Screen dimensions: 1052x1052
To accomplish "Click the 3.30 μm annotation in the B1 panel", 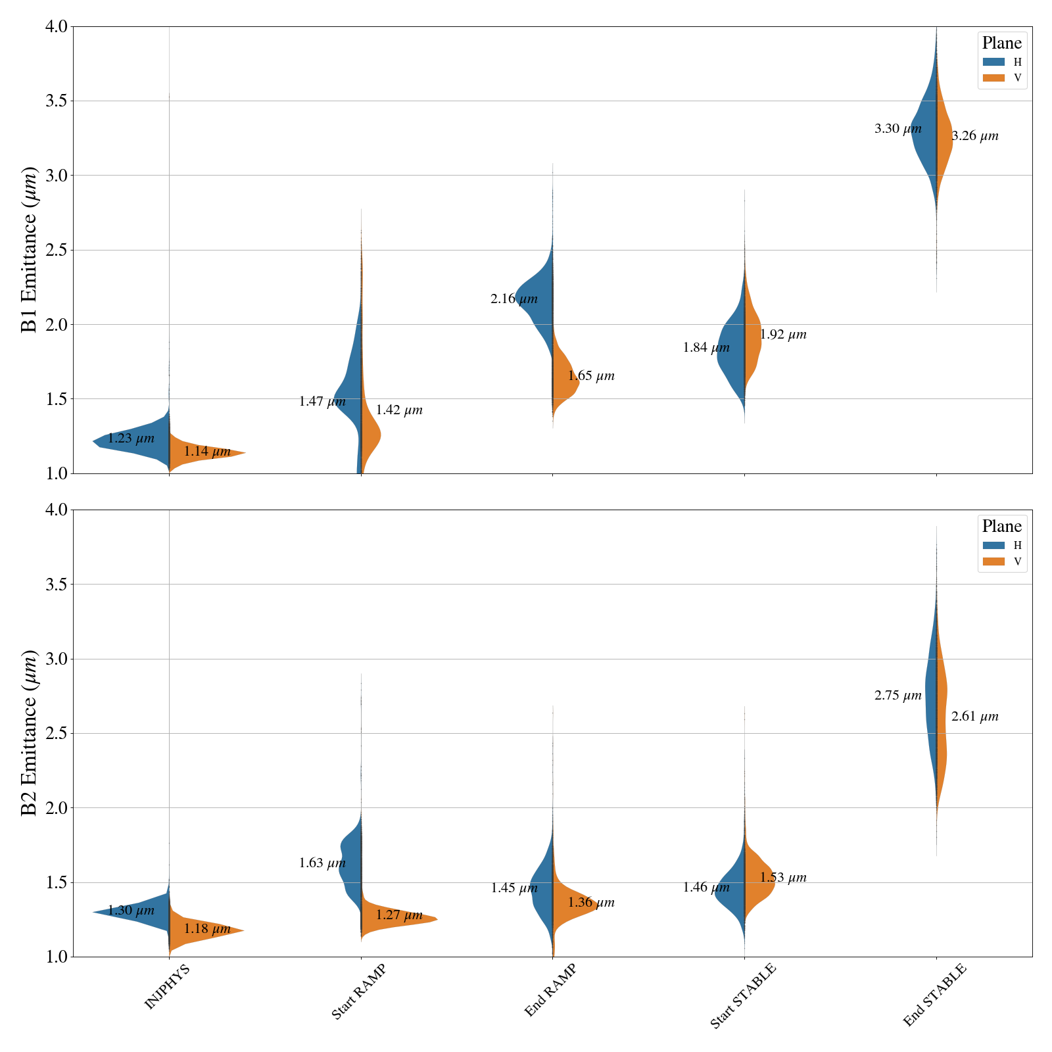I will pos(897,129).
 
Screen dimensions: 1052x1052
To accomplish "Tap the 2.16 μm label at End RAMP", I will pos(514,299).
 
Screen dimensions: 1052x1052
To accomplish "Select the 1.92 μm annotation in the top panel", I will pos(783,335).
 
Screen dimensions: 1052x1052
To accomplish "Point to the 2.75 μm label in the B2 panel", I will pos(897,696).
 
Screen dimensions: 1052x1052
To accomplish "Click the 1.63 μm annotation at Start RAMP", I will pos(322,863).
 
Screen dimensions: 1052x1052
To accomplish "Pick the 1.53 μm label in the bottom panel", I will pos(783,878).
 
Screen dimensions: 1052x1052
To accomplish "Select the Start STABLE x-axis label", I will pos(743,995).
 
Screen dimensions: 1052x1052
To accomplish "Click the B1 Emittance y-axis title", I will pos(29,250).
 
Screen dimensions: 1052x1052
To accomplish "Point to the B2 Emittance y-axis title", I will pos(29,733).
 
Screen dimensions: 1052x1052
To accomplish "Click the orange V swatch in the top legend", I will pos(993,78).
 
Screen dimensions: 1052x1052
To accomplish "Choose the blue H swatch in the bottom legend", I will pos(993,545).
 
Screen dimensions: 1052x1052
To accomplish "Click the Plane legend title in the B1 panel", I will pos(1001,43).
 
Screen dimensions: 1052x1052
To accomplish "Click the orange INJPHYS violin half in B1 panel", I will pos(204,453).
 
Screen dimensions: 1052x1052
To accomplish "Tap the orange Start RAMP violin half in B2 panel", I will pos(394,920).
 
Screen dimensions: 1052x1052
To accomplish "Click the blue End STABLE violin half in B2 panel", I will pos(931,697).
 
